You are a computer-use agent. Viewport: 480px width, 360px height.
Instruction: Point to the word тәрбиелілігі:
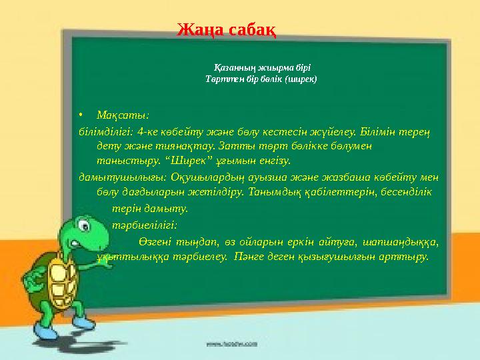(144, 225)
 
